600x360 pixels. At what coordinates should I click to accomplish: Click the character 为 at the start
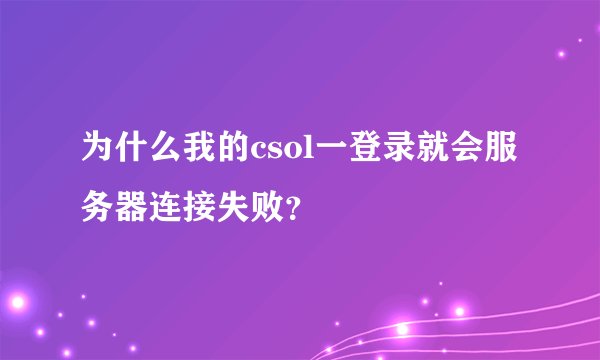point(97,153)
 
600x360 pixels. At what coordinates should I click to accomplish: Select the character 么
point(165,153)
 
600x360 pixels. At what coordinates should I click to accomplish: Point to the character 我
point(199,153)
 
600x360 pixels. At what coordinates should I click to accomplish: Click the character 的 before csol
point(233,153)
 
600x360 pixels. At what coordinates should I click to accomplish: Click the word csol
point(282,154)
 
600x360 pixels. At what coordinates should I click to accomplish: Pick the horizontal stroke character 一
point(331,153)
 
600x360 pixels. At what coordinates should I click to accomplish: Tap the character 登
point(365,153)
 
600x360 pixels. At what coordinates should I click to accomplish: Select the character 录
point(399,153)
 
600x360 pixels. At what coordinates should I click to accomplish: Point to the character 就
point(433,153)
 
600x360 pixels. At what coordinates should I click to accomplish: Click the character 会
point(467,153)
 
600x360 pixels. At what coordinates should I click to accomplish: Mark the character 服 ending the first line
point(501,153)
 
